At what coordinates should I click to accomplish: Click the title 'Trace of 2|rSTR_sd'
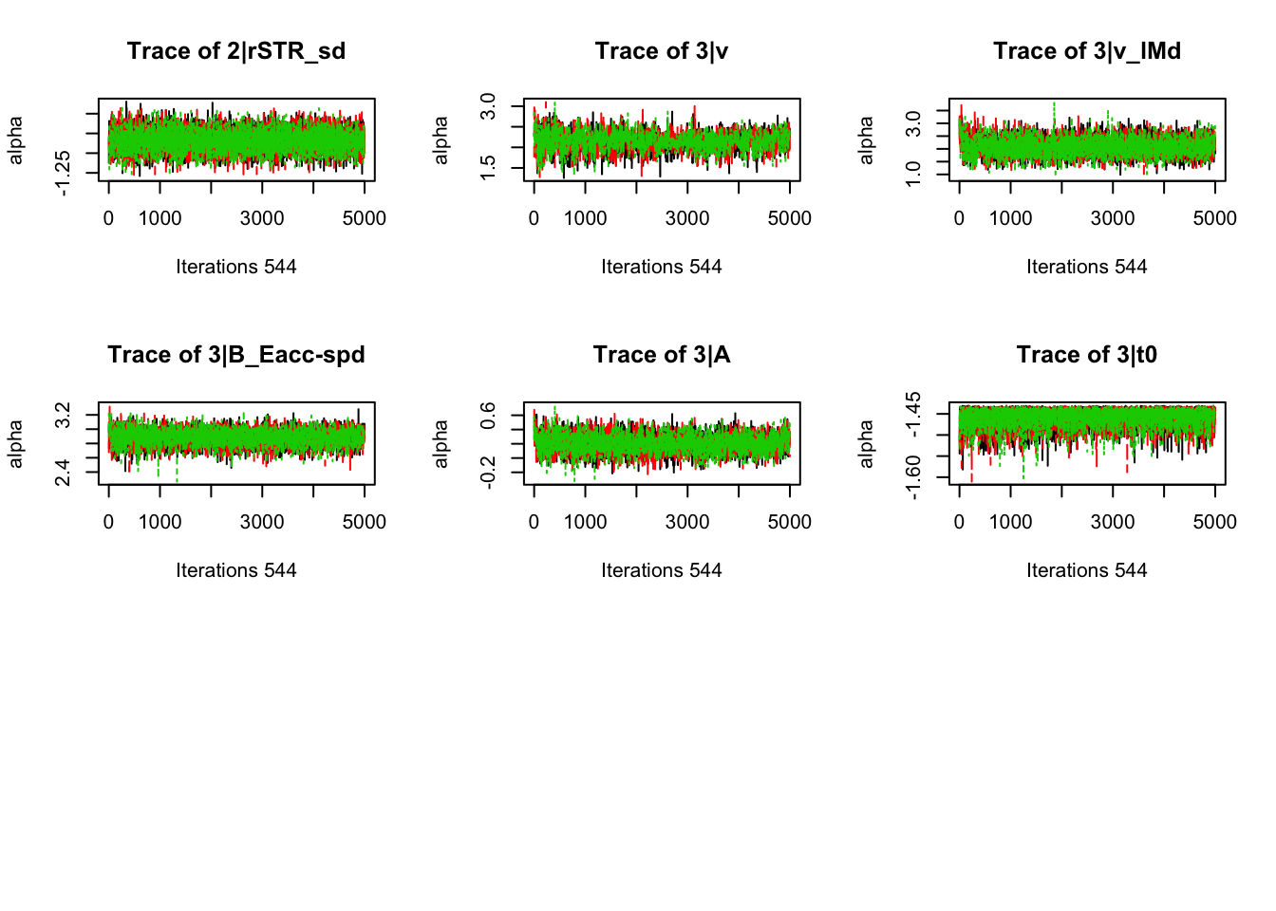tap(236, 51)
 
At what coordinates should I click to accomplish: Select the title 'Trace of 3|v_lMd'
tap(1087, 51)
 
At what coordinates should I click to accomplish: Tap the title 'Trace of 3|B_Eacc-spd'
tap(236, 355)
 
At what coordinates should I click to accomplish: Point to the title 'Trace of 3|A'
tap(662, 355)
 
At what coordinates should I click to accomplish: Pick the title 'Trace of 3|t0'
tap(1087, 355)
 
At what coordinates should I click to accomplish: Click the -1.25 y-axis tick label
tap(63, 173)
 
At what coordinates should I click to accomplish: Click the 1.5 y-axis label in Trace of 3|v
tap(488, 168)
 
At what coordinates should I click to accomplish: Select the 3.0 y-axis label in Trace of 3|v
tap(488, 106)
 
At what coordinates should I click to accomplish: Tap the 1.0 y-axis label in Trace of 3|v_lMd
tap(913, 174)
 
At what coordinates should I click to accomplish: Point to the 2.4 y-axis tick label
tap(63, 472)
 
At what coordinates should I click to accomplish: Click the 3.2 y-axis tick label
tap(63, 416)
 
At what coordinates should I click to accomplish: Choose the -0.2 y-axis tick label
tap(488, 471)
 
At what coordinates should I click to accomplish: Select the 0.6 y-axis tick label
tap(488, 416)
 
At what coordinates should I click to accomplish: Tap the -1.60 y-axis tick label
tap(913, 477)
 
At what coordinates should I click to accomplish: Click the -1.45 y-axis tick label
tap(913, 415)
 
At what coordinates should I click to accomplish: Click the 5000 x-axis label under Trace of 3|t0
tap(1215, 522)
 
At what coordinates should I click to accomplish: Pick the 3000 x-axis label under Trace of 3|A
tap(687, 522)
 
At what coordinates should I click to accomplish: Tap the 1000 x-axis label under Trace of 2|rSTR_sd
tap(159, 218)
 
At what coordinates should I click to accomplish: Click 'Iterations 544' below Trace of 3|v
tap(662, 267)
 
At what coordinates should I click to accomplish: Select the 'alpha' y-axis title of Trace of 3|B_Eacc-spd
tap(16, 444)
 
